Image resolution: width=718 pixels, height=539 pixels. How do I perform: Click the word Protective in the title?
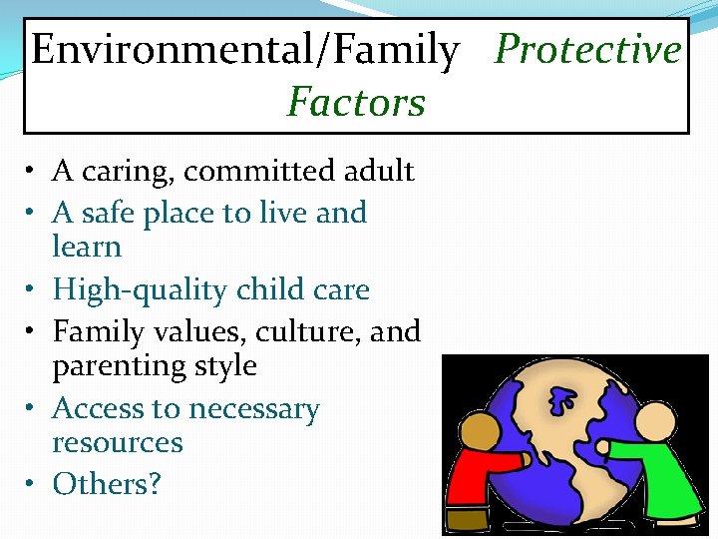pos(587,49)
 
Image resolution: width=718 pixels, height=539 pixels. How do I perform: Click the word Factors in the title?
pos(356,102)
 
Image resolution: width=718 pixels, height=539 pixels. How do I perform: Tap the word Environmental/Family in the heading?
pos(245,49)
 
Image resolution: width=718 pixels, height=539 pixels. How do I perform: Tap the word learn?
pos(87,247)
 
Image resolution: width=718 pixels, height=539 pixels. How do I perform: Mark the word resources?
pos(117,442)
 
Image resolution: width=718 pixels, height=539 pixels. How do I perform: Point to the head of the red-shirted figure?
pos(483,432)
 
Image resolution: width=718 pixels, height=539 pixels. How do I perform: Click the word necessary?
pos(253,409)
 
